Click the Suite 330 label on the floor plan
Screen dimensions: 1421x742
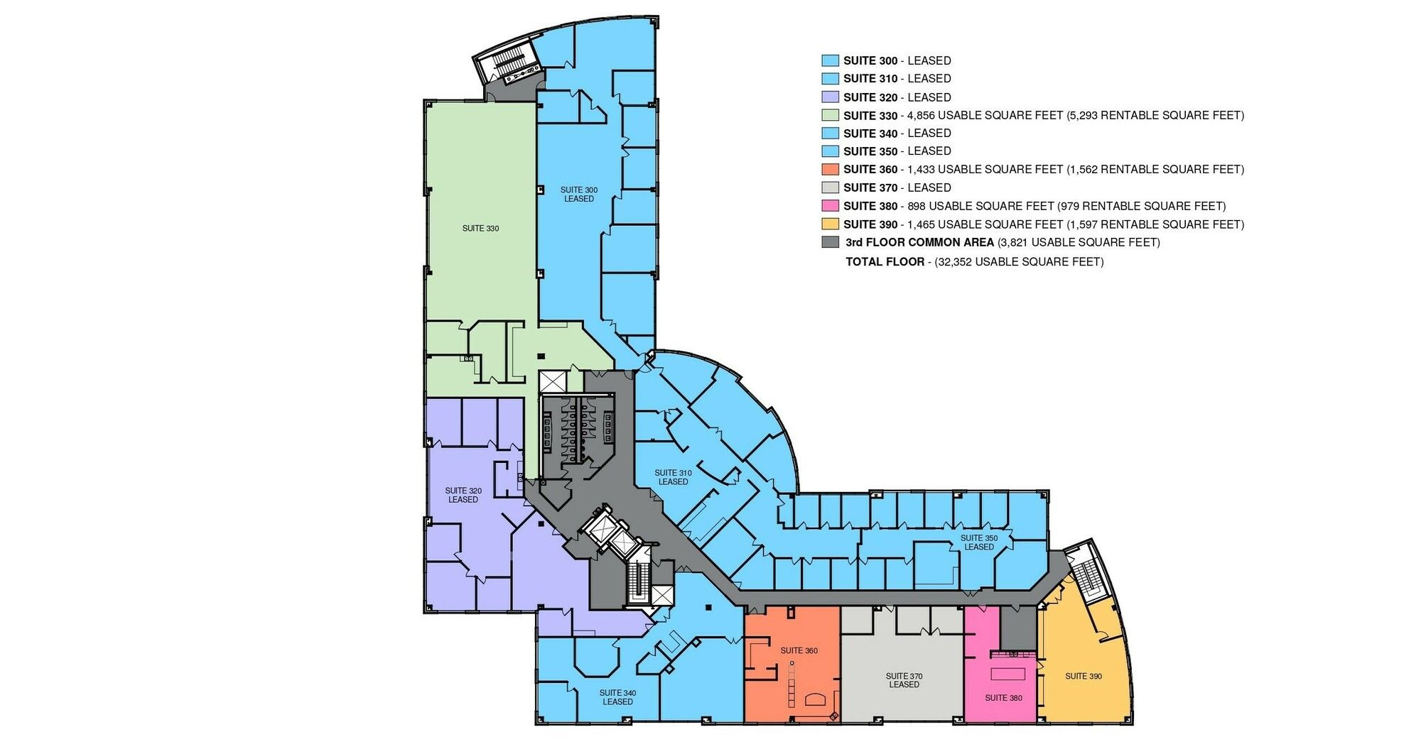pyautogui.click(x=480, y=229)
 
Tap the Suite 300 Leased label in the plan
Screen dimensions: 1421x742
pyautogui.click(x=579, y=195)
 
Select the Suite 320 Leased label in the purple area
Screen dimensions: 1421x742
pyautogui.click(x=463, y=495)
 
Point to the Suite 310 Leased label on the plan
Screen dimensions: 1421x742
pyautogui.click(x=673, y=477)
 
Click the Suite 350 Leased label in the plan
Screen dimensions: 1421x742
pyautogui.click(x=979, y=542)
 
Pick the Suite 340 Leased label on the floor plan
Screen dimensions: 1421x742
pyautogui.click(x=617, y=697)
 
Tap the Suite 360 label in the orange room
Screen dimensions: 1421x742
pyautogui.click(x=799, y=650)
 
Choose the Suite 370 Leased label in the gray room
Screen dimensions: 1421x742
pyautogui.click(x=904, y=680)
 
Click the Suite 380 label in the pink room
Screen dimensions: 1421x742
pyautogui.click(x=1003, y=698)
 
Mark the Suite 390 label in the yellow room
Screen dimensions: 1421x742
pyautogui.click(x=1084, y=676)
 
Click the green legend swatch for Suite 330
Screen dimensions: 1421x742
pyautogui.click(x=830, y=115)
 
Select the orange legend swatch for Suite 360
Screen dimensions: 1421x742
pyautogui.click(x=830, y=170)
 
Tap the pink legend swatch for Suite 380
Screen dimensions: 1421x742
pyautogui.click(x=830, y=206)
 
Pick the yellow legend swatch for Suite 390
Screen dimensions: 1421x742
pyautogui.click(x=830, y=224)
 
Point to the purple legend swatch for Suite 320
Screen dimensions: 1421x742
pyautogui.click(x=830, y=97)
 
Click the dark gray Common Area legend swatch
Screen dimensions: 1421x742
pyautogui.click(x=830, y=242)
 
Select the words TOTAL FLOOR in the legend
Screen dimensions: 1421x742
pyautogui.click(x=885, y=262)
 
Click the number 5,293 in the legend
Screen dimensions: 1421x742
pyautogui.click(x=1087, y=115)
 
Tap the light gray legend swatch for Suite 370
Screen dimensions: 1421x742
pyautogui.click(x=830, y=187)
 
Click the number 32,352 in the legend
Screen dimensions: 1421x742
pyautogui.click(x=955, y=262)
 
